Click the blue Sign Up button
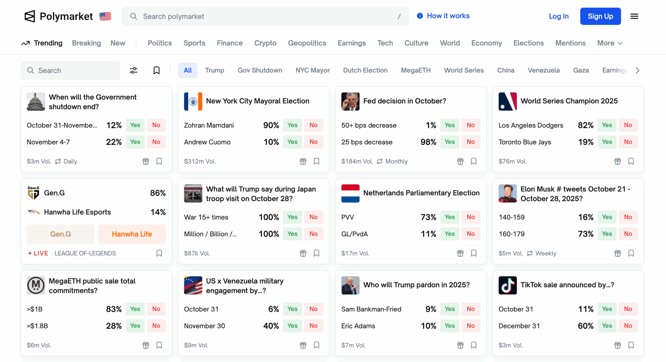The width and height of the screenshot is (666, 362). (600, 16)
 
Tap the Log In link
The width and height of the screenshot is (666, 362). (559, 16)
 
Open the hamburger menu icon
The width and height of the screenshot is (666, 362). (634, 16)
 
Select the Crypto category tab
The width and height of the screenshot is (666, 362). (265, 43)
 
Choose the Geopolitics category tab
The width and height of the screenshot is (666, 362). (307, 43)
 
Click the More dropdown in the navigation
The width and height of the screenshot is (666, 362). (610, 43)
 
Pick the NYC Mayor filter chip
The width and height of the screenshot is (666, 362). (312, 70)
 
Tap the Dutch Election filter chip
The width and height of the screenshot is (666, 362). (365, 70)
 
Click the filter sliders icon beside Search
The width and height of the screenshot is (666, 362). (133, 70)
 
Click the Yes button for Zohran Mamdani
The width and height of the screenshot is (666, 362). (292, 125)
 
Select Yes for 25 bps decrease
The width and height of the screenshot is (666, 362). (449, 142)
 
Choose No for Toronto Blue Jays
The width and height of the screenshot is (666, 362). (628, 142)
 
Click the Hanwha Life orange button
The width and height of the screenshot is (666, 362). (132, 234)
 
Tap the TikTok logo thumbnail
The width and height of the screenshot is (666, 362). (507, 285)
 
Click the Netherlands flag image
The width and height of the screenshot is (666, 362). (350, 193)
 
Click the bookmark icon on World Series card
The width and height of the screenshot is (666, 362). (631, 161)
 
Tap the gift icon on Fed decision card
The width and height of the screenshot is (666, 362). (460, 161)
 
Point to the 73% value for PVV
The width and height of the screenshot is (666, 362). (428, 217)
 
